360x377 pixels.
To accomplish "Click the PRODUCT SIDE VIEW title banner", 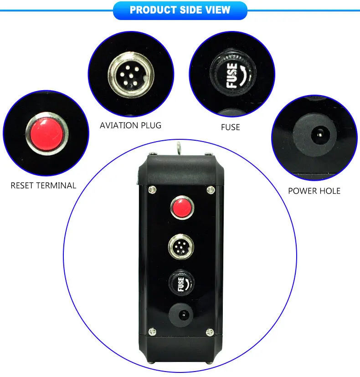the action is [x=180, y=10].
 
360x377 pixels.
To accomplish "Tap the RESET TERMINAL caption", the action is [x=43, y=185].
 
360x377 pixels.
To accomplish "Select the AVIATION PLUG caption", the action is [x=130, y=125].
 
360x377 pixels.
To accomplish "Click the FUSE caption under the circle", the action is [x=230, y=127].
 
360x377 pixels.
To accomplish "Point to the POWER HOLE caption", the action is [x=314, y=191].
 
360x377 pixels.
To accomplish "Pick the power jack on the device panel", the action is [x=181, y=314].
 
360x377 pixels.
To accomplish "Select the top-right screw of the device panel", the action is [x=210, y=189].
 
